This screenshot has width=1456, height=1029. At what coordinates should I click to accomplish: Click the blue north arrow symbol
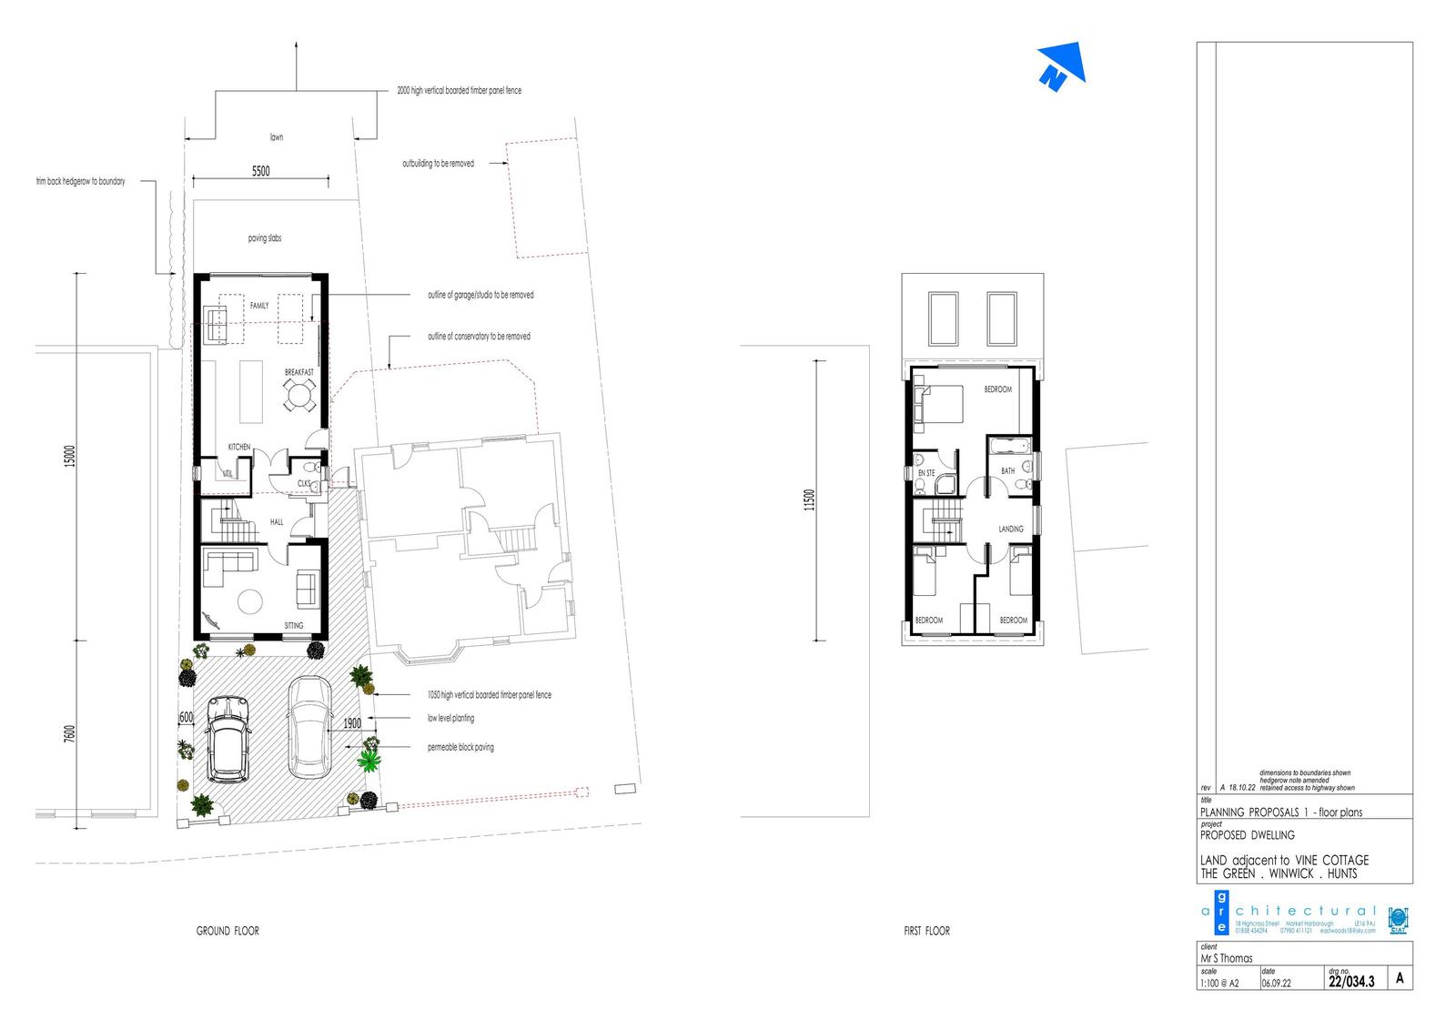click(x=1062, y=67)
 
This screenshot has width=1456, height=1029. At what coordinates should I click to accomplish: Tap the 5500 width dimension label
click(x=260, y=171)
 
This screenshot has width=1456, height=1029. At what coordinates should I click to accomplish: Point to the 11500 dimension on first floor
click(x=810, y=501)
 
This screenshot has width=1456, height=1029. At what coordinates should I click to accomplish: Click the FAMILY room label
click(x=259, y=306)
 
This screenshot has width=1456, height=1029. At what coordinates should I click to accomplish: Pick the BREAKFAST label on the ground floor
click(x=298, y=373)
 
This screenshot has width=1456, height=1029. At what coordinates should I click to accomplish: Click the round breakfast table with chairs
click(x=298, y=396)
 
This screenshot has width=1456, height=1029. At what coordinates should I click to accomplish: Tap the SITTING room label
click(x=293, y=626)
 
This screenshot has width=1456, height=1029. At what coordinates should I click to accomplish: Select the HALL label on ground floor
click(x=276, y=522)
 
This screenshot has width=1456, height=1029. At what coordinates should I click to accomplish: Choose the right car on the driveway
click(x=309, y=728)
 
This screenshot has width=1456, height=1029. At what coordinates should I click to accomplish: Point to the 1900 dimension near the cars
click(x=352, y=723)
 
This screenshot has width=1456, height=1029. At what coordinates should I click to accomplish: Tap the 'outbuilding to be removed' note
click(x=438, y=164)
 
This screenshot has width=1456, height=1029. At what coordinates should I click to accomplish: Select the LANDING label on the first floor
click(x=1010, y=529)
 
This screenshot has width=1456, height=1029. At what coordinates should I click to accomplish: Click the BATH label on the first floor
click(x=1007, y=471)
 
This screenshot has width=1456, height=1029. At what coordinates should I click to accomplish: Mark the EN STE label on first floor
click(x=925, y=473)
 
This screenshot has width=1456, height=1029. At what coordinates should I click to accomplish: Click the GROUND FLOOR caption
click(x=227, y=931)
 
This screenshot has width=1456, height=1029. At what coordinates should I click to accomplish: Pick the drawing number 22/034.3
click(x=1350, y=982)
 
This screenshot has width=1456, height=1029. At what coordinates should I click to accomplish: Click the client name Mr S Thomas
click(x=1227, y=958)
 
